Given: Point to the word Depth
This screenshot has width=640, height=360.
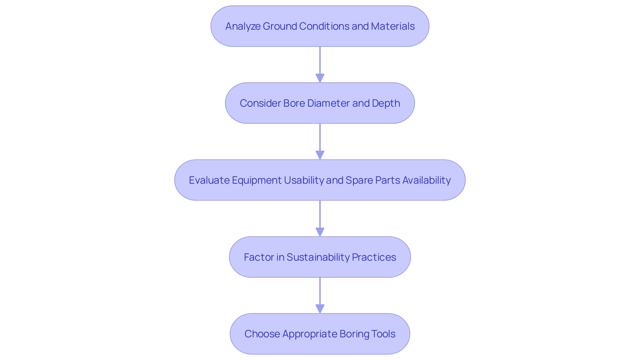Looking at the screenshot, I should [x=386, y=103].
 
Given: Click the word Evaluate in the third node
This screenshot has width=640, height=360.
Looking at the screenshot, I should [x=209, y=180].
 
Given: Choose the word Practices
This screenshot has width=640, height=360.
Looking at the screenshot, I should [x=374, y=257].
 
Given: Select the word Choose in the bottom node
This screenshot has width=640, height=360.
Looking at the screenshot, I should [x=262, y=334].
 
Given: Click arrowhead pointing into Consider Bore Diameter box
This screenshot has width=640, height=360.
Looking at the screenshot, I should [x=320, y=78].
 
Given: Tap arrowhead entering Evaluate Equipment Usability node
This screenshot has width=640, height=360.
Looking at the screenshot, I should [x=320, y=155].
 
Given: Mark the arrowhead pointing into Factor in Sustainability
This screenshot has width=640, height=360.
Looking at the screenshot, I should [x=320, y=232].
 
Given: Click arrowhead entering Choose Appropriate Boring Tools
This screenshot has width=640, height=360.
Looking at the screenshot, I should [x=320, y=309].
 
